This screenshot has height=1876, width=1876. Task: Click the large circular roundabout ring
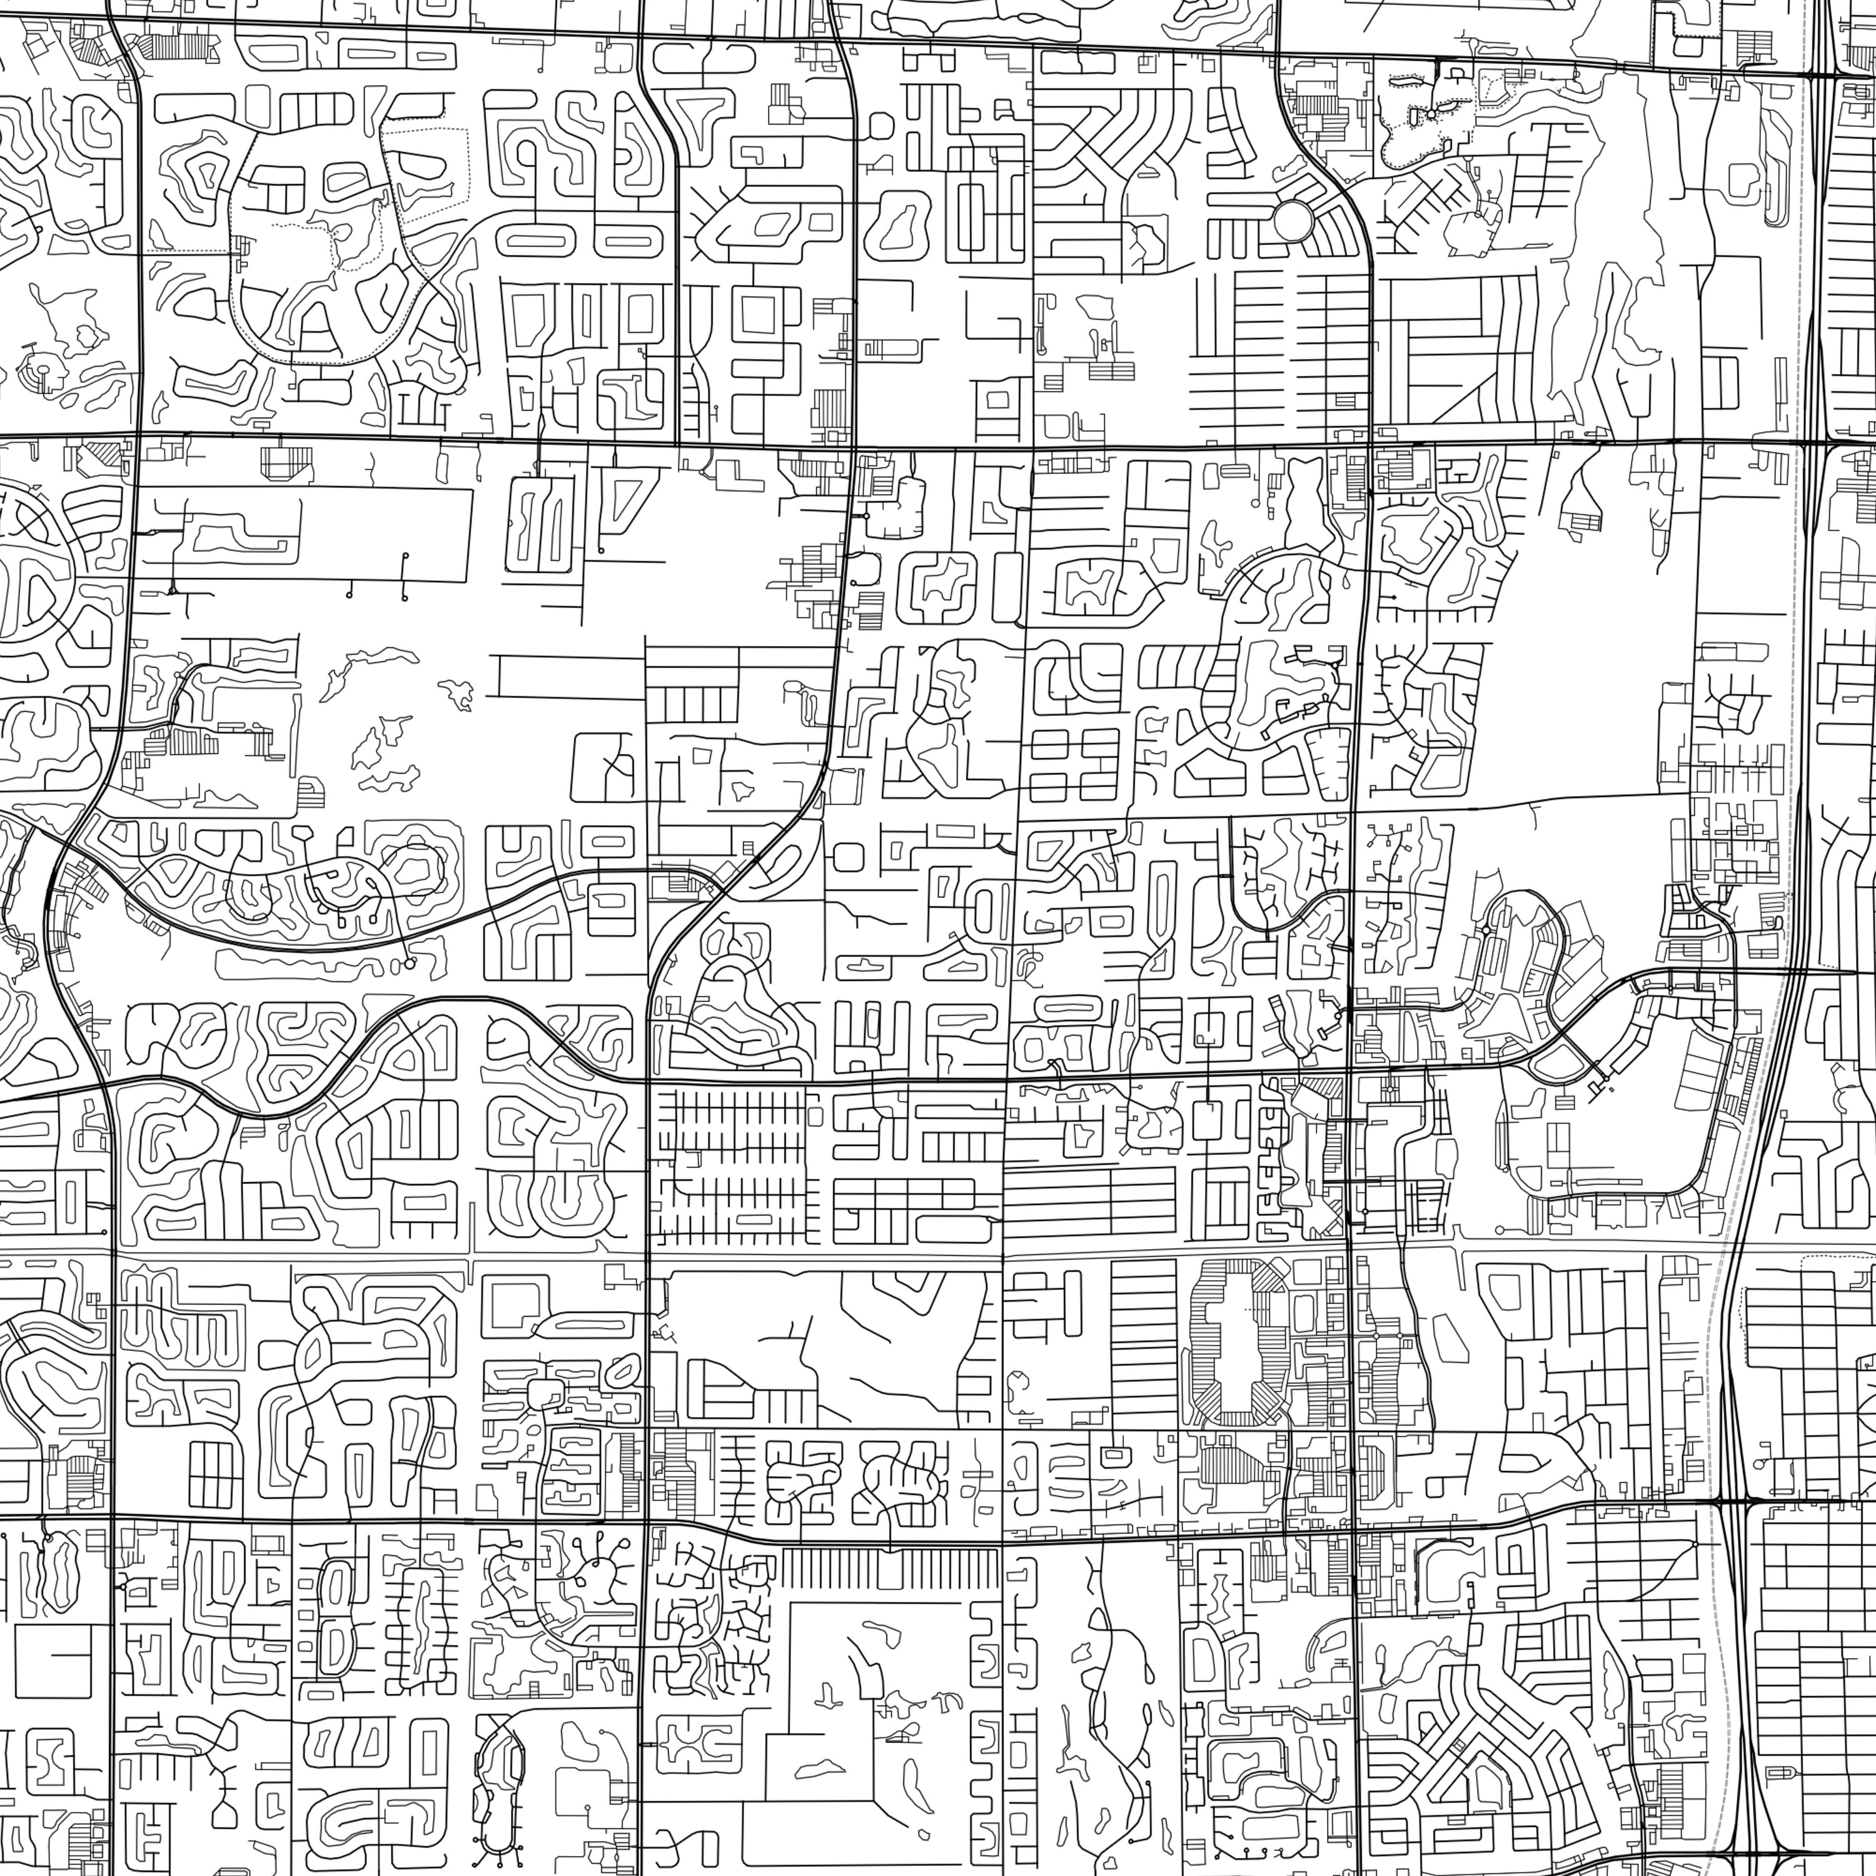1293,220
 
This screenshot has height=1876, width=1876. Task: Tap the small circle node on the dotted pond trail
1430,114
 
